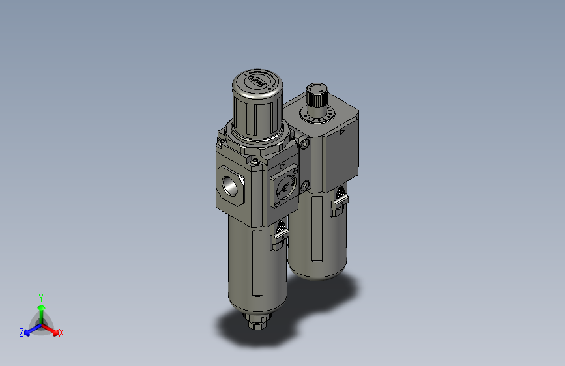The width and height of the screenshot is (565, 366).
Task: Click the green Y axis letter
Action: point(40,297)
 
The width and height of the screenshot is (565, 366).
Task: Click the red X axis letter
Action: point(61,333)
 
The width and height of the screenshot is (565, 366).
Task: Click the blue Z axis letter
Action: point(22,333)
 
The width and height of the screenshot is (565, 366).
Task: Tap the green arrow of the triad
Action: point(41,309)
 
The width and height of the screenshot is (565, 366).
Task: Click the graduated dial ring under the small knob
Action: point(318,115)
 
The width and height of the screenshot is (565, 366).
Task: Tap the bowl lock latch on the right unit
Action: point(339,199)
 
